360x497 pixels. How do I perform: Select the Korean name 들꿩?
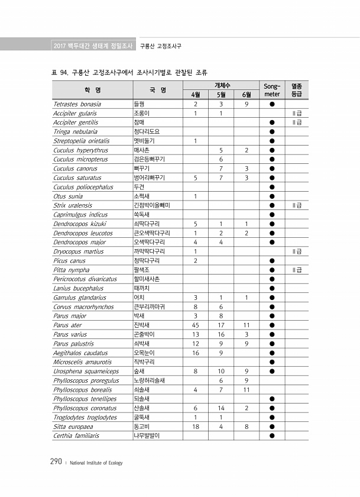[x=140, y=104]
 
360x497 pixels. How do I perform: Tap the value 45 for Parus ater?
[x=195, y=325]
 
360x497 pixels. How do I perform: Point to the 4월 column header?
[x=195, y=94]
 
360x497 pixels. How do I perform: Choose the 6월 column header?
[x=246, y=94]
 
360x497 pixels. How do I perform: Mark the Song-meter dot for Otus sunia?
[x=272, y=196]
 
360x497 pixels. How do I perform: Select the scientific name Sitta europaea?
[x=73, y=426]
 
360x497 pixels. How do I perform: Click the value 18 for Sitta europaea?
[x=195, y=426]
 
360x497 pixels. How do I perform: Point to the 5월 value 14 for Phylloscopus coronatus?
[x=220, y=408]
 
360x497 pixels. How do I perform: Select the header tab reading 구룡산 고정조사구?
[x=161, y=46]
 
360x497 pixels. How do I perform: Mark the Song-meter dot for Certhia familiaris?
[x=272, y=435]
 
